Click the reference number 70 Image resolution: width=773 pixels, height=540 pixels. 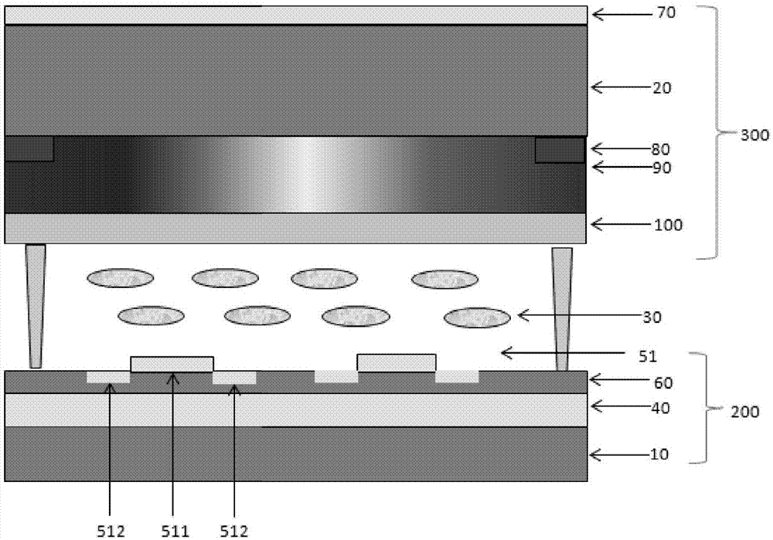666,13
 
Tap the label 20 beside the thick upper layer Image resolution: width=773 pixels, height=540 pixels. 662,88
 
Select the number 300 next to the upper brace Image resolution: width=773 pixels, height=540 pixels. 754,135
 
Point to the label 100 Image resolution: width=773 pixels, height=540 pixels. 668,225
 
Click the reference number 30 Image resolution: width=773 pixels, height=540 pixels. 652,318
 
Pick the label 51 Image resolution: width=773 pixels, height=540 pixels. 648,356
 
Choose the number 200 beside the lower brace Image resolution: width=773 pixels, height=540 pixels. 744,412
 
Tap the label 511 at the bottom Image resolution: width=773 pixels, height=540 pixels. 175,532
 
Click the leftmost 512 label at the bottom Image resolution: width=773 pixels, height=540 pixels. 111,532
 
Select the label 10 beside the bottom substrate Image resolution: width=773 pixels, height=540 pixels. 659,454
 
